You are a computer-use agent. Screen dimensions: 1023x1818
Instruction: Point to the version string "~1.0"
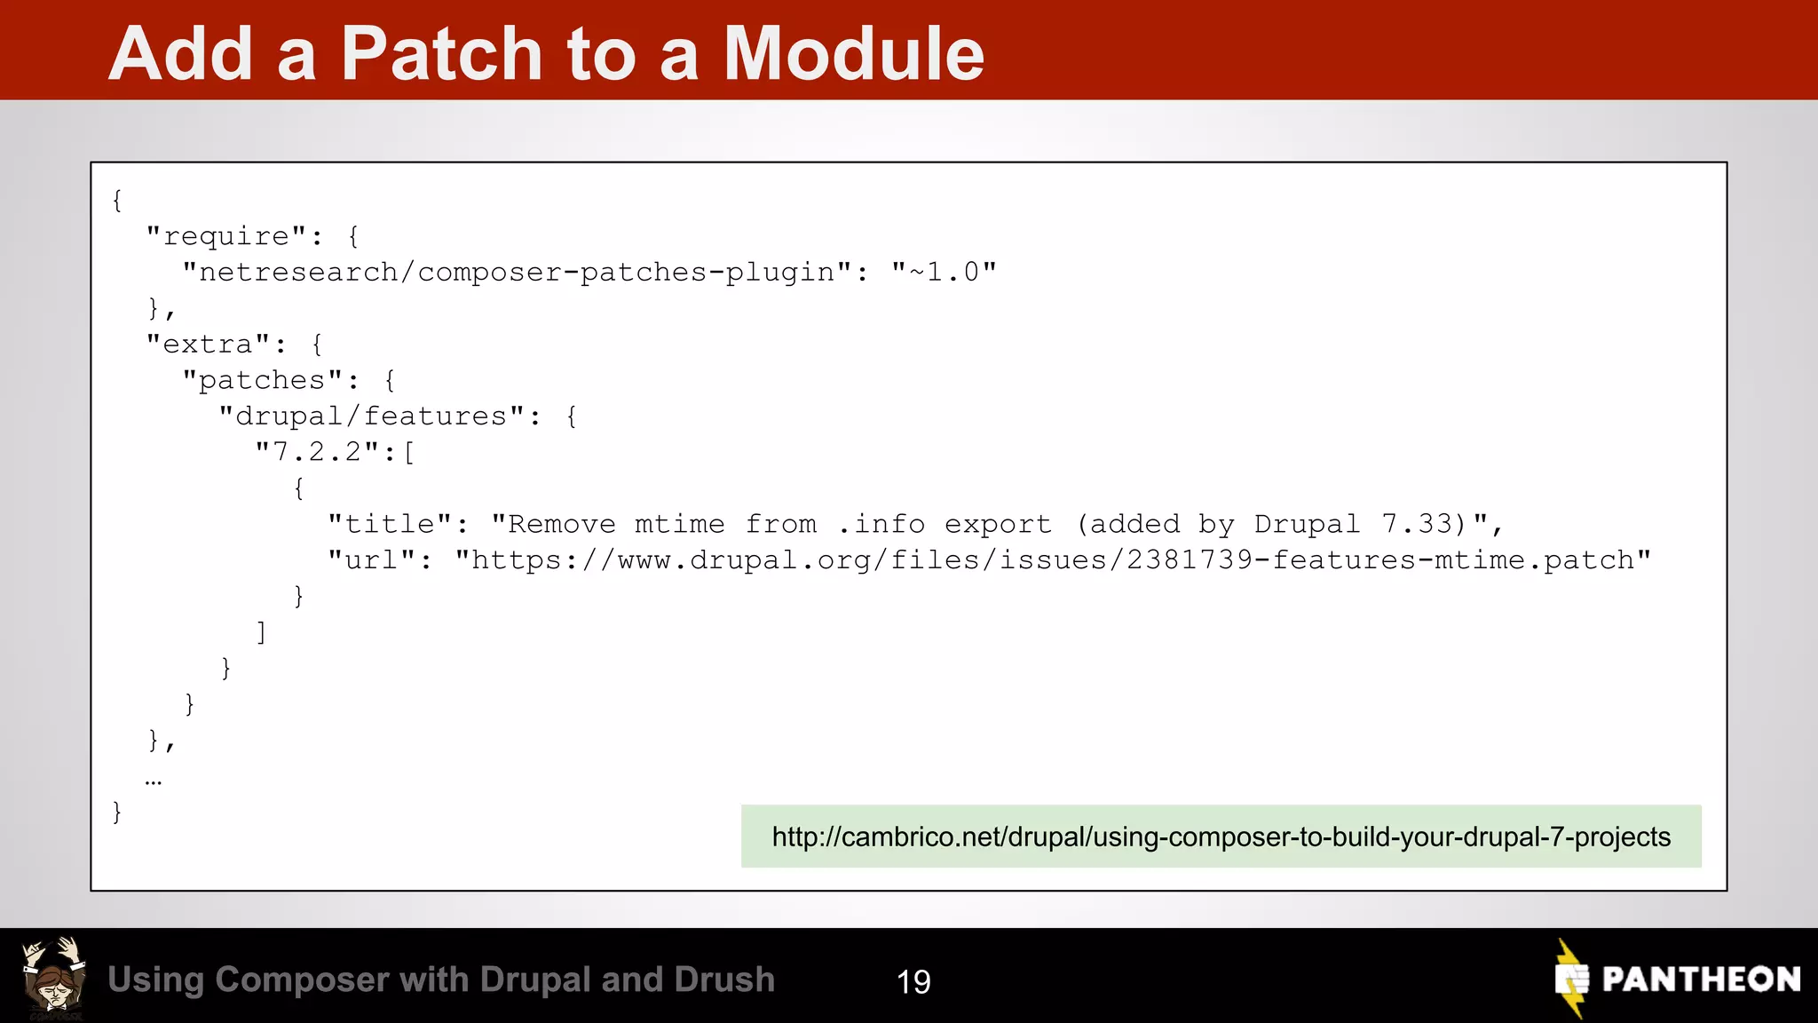944,273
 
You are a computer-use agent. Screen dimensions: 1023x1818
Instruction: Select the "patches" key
262,381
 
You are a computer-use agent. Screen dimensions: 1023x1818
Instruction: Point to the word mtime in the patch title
679,525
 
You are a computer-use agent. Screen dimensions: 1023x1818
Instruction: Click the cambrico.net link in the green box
1221,837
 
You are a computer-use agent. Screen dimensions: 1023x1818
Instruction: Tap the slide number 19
913,981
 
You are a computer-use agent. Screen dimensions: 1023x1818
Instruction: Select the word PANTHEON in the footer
1701,979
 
